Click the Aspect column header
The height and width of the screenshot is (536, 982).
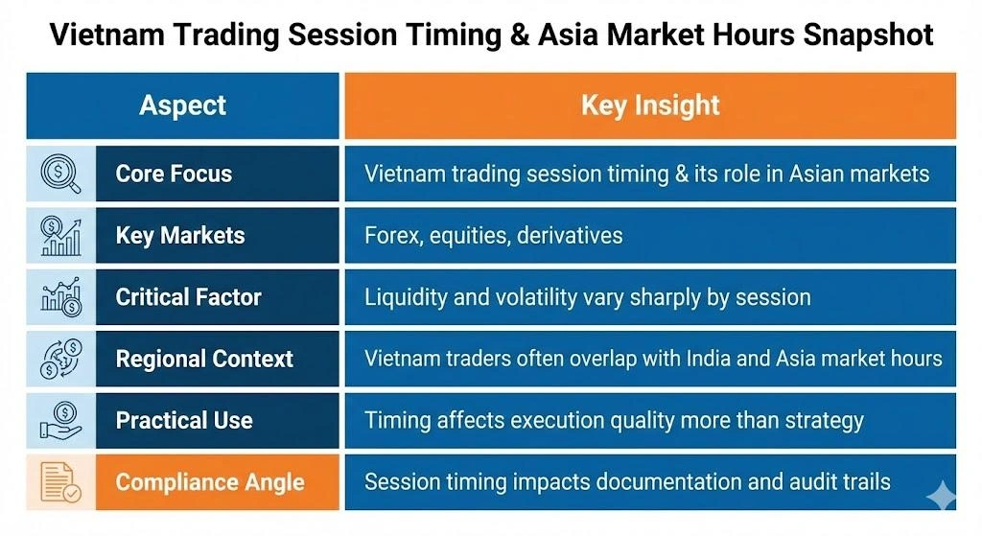tap(182, 105)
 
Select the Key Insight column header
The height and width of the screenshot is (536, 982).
tap(650, 105)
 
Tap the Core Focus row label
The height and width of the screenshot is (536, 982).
tap(174, 174)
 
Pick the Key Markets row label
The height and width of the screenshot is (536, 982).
tap(180, 236)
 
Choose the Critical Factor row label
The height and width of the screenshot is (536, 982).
tap(188, 297)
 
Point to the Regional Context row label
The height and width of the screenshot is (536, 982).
tap(204, 359)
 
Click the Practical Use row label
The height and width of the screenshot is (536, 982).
tap(184, 420)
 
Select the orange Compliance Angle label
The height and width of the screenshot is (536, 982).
tap(210, 481)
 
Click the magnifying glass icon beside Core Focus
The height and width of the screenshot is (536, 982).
tap(60, 174)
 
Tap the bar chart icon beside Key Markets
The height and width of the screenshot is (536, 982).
tap(60, 236)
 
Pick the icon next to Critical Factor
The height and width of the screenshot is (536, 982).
tap(60, 297)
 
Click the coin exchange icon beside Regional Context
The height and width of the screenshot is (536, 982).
tap(60, 359)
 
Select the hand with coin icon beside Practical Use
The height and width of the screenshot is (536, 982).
tap(60, 420)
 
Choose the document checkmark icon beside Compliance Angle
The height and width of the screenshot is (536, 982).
tap(60, 481)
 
